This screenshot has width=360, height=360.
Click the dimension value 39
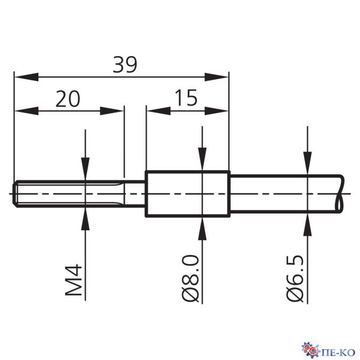[125, 65]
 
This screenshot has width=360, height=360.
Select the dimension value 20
[68, 99]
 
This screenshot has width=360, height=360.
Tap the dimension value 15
[186, 98]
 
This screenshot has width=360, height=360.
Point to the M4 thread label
[74, 280]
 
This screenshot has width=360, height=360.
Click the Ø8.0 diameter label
[190, 278]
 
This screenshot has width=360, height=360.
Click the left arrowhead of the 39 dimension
[27, 77]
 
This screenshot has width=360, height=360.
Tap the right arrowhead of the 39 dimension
[217, 77]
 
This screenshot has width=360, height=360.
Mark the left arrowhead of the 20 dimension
[27, 111]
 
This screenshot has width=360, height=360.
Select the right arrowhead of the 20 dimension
[112, 111]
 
